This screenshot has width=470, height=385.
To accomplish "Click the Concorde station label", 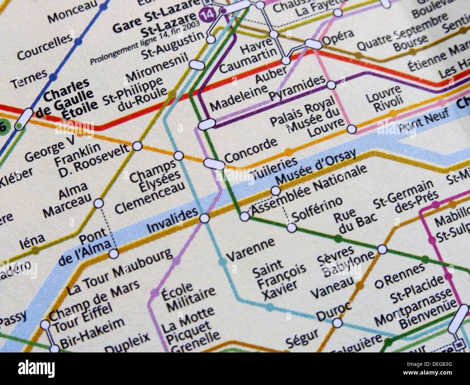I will [x=251, y=150].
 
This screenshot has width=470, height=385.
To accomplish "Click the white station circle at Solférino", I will [x=291, y=228].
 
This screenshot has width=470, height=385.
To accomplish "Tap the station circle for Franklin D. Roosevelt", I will [x=137, y=146].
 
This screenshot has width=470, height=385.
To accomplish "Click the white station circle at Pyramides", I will [x=331, y=85].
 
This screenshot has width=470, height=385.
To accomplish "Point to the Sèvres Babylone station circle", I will [x=383, y=249].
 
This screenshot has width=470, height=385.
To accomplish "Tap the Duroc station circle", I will [x=337, y=322].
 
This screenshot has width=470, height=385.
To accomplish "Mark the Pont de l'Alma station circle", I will [x=114, y=253].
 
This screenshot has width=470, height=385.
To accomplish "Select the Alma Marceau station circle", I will [x=98, y=204].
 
